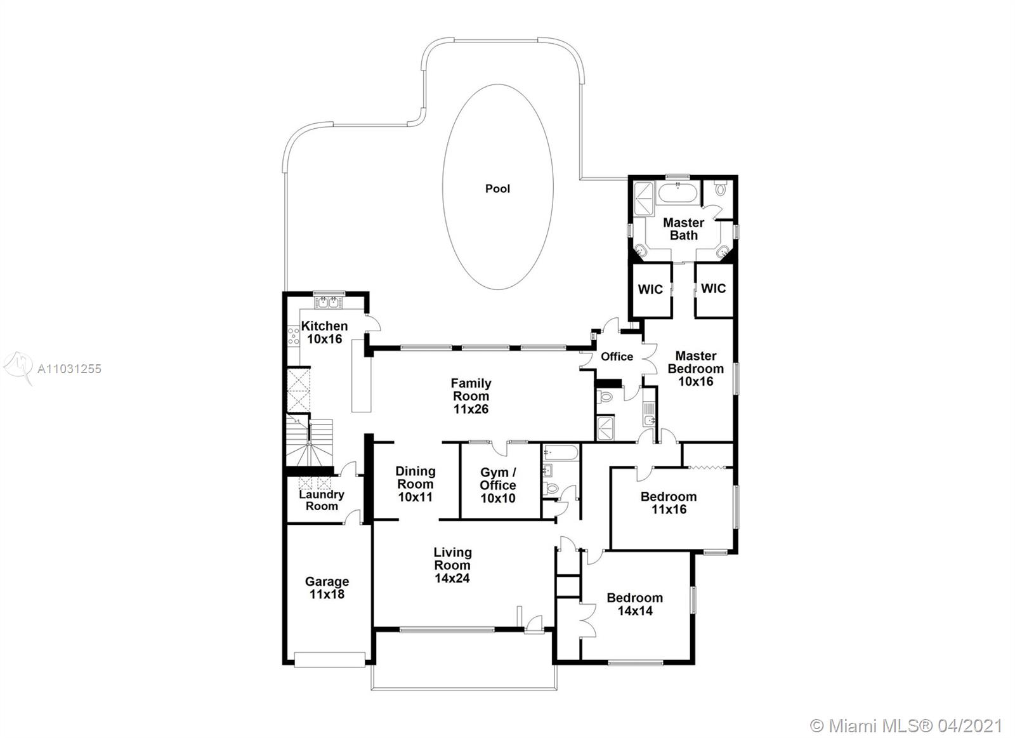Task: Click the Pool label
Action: [497, 188]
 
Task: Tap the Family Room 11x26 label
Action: [471, 396]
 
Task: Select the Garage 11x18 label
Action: [327, 588]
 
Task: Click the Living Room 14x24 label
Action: [452, 565]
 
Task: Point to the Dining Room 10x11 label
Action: [415, 484]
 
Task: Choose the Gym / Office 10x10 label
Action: [497, 485]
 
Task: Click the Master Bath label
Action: [683, 229]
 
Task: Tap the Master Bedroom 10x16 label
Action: [695, 369]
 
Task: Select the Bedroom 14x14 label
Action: [635, 604]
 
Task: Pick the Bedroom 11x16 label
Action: [669, 503]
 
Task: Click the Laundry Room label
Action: [321, 500]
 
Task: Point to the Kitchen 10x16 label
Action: [324, 333]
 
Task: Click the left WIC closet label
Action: [650, 289]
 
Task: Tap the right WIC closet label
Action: [713, 288]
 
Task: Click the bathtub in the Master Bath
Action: [678, 193]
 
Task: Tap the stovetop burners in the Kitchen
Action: [294, 336]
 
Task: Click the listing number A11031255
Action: [69, 369]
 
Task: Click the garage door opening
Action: [329, 660]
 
